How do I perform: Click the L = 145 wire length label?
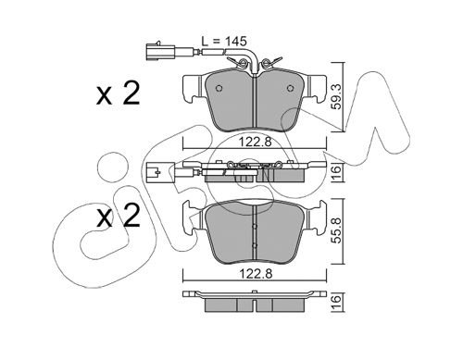(x=224, y=41)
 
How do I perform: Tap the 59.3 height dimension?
(x=337, y=97)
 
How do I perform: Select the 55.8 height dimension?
(x=337, y=230)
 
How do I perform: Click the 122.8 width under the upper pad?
(x=255, y=143)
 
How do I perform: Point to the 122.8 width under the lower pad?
(x=255, y=273)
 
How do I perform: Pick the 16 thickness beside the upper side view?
(x=337, y=169)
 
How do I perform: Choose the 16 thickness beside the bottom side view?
(x=337, y=299)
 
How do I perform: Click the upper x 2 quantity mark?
(x=119, y=93)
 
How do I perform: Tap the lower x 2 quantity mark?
(x=119, y=216)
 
